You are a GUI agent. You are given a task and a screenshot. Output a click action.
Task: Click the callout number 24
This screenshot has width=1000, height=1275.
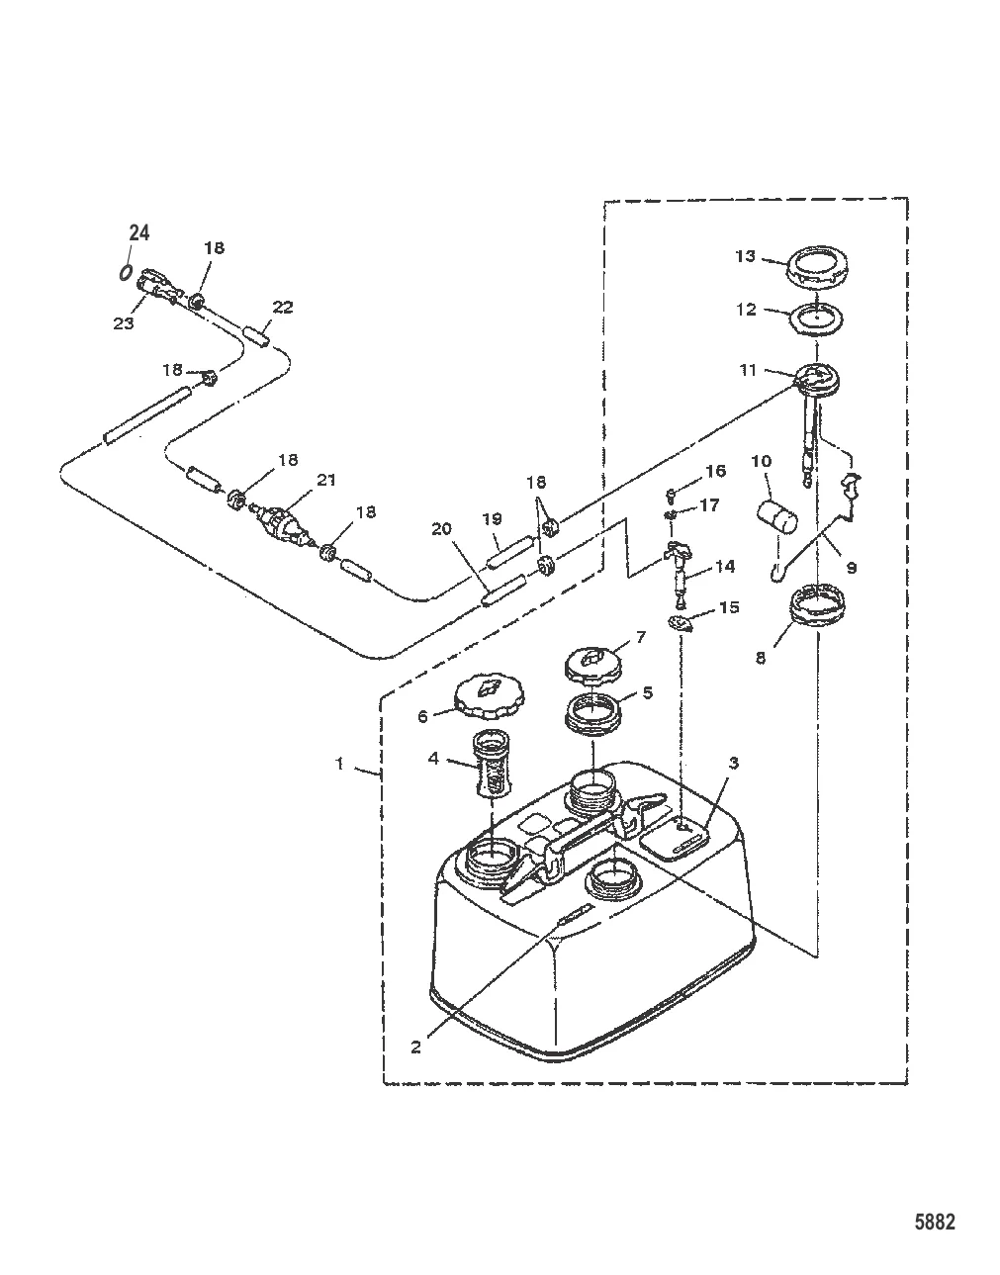[x=139, y=233]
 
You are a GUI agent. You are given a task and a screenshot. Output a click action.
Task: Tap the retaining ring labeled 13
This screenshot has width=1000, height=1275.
[x=818, y=268]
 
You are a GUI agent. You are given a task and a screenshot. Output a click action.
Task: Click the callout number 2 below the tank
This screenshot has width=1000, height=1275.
[x=415, y=1047]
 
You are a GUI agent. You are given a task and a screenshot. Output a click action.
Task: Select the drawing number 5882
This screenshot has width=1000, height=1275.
[x=934, y=1223]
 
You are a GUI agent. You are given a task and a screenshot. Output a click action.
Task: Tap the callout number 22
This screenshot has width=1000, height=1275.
[x=283, y=308]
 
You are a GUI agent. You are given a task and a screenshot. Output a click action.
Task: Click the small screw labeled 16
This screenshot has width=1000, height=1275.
[x=671, y=492]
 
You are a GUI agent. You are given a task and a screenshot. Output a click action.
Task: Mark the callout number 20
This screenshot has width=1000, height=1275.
[x=441, y=529]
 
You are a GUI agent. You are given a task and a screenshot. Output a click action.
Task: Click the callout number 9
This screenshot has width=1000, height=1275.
[x=852, y=568]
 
